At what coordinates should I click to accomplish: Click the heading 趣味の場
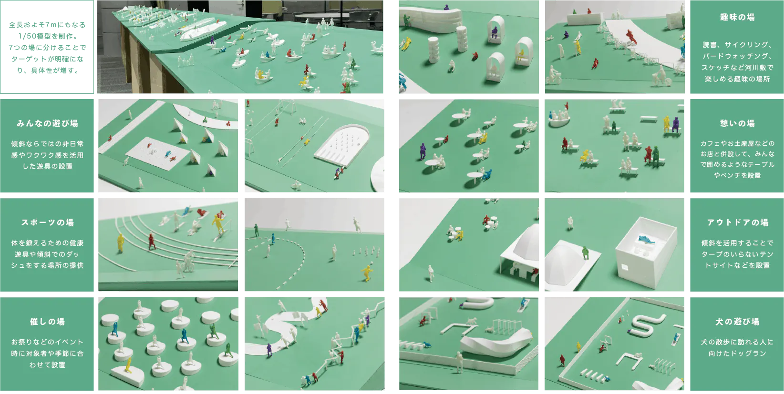[x=737, y=17]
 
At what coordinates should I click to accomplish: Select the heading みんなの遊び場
[x=47, y=123]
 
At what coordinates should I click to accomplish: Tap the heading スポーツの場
[x=47, y=222]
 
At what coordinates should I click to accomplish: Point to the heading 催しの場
[x=47, y=322]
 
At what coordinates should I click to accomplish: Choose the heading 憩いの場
[x=737, y=123]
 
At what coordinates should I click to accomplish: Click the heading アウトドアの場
[x=737, y=222]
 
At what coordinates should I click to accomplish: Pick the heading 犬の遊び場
[x=737, y=322]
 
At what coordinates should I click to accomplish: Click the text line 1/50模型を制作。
[x=47, y=36]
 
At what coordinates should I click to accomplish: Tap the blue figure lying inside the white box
[x=646, y=240]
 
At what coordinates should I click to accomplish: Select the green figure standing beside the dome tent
[x=585, y=253]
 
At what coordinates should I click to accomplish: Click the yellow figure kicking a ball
[x=366, y=273]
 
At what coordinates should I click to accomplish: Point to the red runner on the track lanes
[x=152, y=242]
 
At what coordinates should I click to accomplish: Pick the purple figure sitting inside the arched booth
[x=494, y=32]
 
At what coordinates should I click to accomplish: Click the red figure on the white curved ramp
[x=631, y=36]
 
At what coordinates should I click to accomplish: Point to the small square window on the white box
[x=625, y=268]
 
